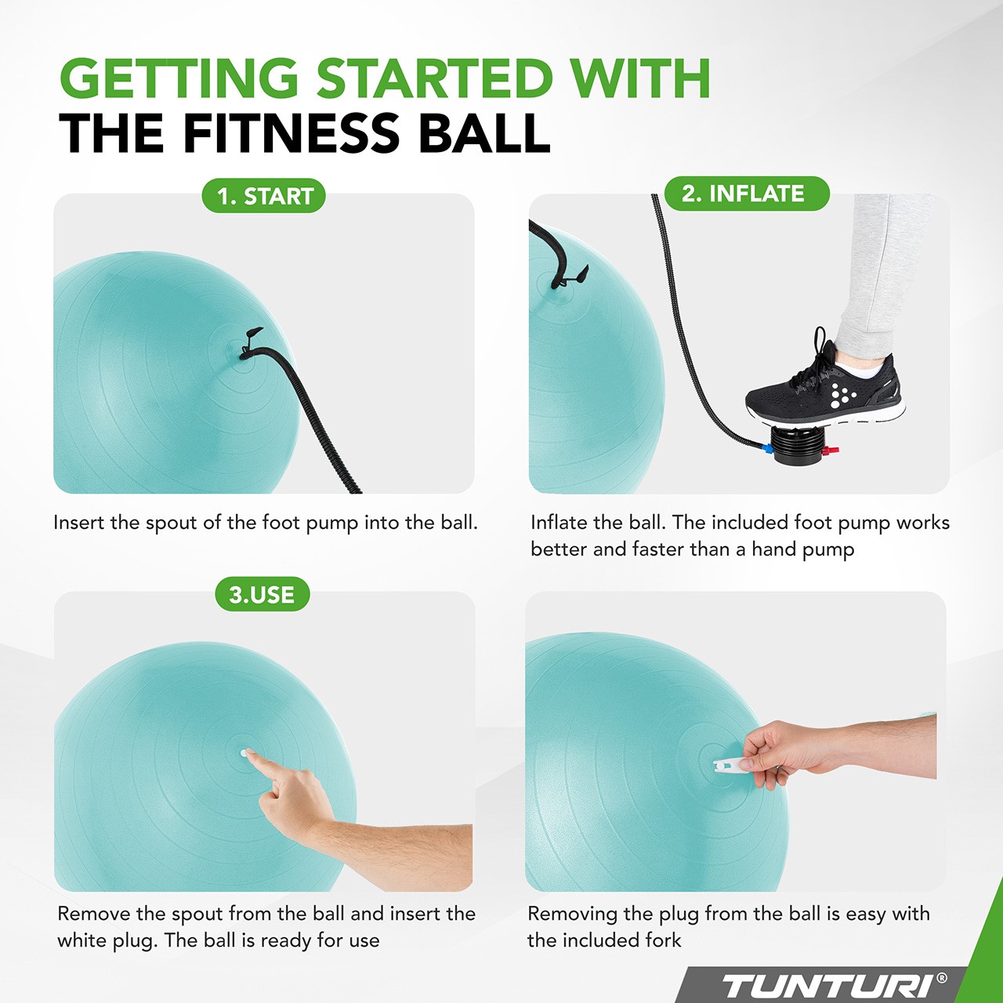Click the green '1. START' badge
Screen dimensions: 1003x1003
coord(263,196)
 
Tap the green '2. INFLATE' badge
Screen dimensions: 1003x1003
coord(747,194)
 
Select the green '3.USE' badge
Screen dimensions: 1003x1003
coord(263,594)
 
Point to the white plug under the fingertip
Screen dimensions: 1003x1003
coord(244,752)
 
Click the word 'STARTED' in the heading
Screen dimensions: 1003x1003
coord(435,78)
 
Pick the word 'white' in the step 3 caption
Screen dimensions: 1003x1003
coord(81,940)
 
